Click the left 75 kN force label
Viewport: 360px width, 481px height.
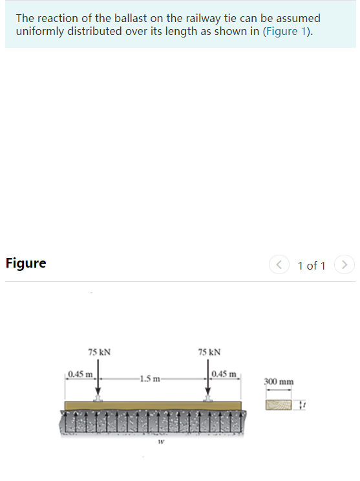(x=99, y=352)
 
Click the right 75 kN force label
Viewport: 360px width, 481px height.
(x=209, y=352)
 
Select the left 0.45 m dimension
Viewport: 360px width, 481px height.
(x=81, y=374)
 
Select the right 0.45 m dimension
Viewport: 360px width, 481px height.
(x=225, y=374)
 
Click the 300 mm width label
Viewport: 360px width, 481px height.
(x=279, y=381)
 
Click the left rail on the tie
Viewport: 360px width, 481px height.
(x=98, y=398)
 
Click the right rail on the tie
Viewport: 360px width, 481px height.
(x=208, y=398)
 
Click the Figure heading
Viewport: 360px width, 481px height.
(x=26, y=263)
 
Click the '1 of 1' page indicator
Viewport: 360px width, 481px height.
(x=312, y=266)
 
